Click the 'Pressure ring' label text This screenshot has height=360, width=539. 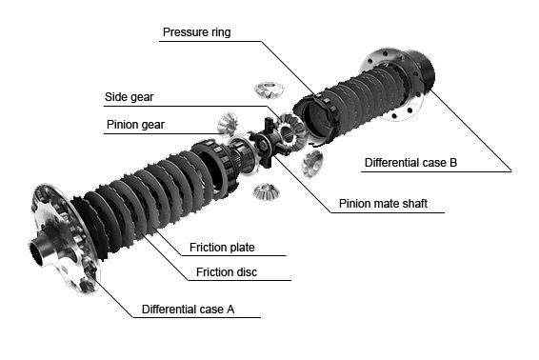pos(196,32)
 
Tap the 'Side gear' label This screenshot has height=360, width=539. pos(129,97)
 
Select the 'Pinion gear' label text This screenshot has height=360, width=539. pos(135,125)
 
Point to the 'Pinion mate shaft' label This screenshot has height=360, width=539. pos(383,203)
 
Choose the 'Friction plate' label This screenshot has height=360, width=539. pos(222,248)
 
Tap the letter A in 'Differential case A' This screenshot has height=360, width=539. pos(230,310)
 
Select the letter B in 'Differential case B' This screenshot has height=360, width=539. pos(453,163)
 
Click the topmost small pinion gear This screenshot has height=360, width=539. pos(269,90)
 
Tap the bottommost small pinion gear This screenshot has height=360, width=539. pos(267,191)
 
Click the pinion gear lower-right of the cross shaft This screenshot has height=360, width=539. pos(312,163)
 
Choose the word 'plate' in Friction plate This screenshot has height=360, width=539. pos(242,248)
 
